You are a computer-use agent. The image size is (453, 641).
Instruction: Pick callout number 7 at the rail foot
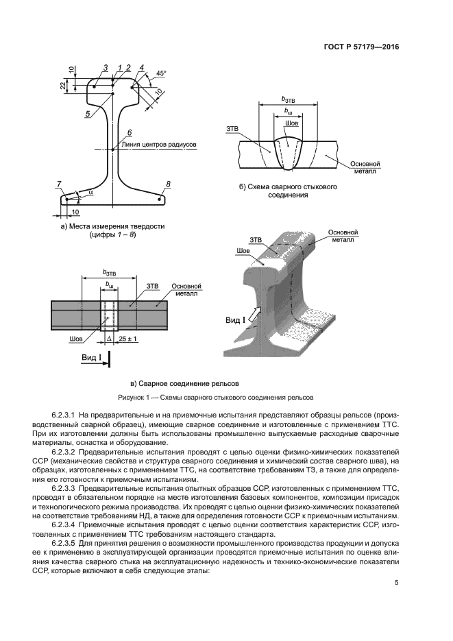point(60,183)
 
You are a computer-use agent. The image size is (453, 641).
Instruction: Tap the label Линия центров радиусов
point(158,145)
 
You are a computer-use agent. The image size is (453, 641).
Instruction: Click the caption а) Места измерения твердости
point(113,226)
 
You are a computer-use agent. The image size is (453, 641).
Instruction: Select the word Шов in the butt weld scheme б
point(291,123)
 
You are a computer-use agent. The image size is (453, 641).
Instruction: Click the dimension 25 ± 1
point(128,339)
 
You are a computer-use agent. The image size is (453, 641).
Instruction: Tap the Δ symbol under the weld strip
point(109,339)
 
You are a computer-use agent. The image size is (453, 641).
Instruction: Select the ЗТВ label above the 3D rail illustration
point(256,240)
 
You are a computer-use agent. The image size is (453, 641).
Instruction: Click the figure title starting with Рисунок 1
point(226,397)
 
